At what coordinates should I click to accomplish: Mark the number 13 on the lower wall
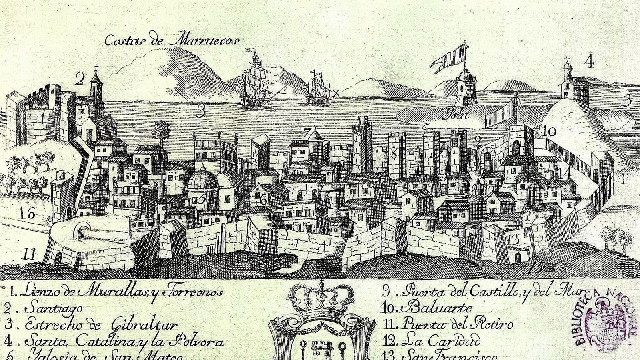point(512,240)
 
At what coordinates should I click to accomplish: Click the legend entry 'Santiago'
point(54,309)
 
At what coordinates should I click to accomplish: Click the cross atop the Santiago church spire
point(96,66)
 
